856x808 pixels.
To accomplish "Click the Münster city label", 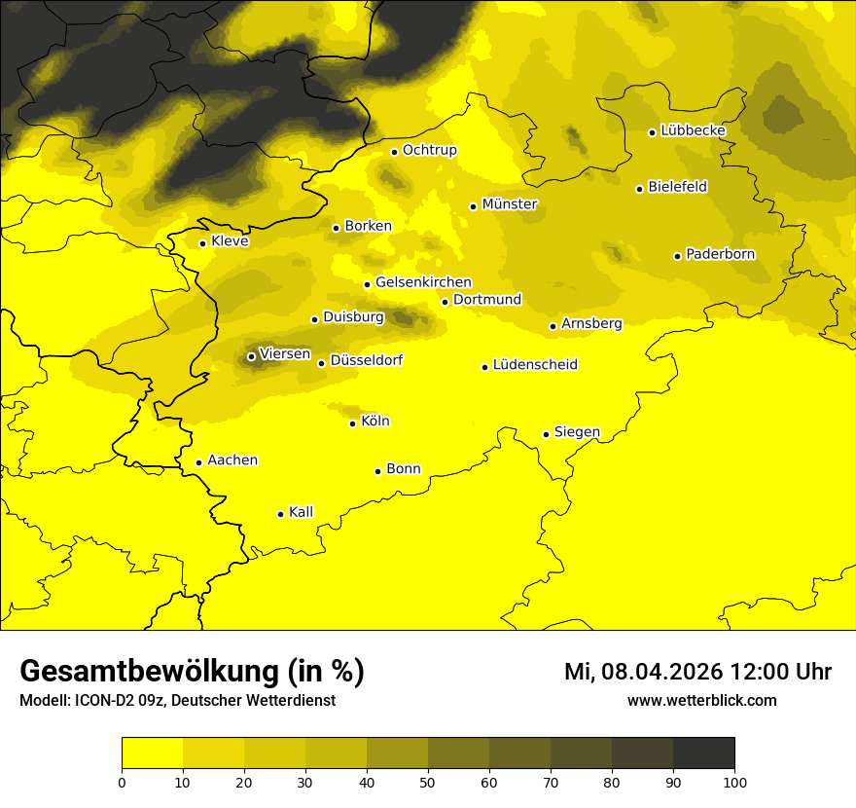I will [510, 204].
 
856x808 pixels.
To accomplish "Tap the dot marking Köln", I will [353, 423].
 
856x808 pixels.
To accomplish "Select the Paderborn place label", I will [720, 255].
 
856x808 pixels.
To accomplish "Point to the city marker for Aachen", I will [199, 462].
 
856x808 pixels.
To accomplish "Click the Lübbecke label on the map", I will [693, 130].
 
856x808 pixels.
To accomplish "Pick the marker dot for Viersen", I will [251, 356].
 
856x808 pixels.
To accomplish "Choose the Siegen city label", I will [577, 432].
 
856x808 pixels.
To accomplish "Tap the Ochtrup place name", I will [429, 150].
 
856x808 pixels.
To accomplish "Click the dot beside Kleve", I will [202, 243].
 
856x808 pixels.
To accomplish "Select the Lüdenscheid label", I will [535, 365].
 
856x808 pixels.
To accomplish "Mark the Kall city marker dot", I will [280, 514].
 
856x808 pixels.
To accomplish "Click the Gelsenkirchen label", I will [423, 282].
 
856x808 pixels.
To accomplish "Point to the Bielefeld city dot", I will [639, 189].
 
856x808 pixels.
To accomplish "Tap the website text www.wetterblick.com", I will [701, 700].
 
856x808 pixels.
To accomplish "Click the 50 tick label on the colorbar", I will [428, 782].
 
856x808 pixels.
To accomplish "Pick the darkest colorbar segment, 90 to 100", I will [703, 753].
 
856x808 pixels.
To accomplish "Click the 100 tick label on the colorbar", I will [734, 782].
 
